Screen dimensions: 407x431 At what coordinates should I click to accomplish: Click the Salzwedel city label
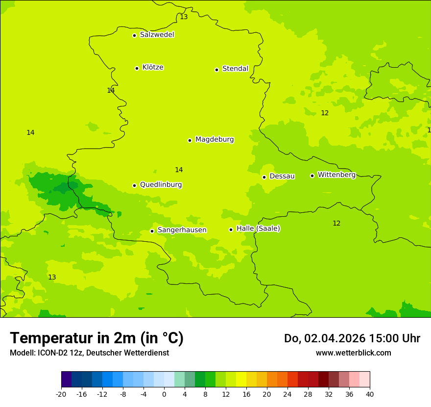pos(157,35)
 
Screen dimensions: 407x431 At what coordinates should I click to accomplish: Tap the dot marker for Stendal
pos(216,70)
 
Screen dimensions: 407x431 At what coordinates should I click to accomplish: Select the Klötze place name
pos(153,67)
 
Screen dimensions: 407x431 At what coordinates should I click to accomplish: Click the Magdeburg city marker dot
pos(190,140)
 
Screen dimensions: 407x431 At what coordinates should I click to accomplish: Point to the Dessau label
pos(282,176)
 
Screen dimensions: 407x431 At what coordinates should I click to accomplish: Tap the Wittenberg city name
pos(336,175)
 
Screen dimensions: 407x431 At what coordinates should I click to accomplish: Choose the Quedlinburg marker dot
pos(134,185)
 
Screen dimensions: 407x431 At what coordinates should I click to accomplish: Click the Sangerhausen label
pos(182,230)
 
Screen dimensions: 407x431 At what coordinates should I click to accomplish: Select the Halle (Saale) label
pos(258,229)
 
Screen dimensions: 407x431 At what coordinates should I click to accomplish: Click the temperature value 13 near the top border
pos(184,17)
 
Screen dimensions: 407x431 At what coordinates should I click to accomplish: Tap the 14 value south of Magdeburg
pos(179,170)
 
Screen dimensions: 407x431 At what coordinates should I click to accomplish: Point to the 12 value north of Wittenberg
pos(325,113)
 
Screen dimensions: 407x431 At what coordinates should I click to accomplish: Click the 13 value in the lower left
pos(52,277)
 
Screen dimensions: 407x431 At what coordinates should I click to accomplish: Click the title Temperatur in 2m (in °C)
pos(96,338)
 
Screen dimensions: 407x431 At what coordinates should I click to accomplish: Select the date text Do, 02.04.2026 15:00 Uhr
pos(352,338)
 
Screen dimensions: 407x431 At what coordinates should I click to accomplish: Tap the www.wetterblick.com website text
pos(353,353)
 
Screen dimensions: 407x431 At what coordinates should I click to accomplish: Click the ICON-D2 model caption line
pos(89,353)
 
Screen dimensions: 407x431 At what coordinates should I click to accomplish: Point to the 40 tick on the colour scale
pos(369,394)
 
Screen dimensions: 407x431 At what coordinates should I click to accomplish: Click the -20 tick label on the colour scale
pos(61,394)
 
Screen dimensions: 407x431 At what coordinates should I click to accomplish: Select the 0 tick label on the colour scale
pos(164,394)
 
